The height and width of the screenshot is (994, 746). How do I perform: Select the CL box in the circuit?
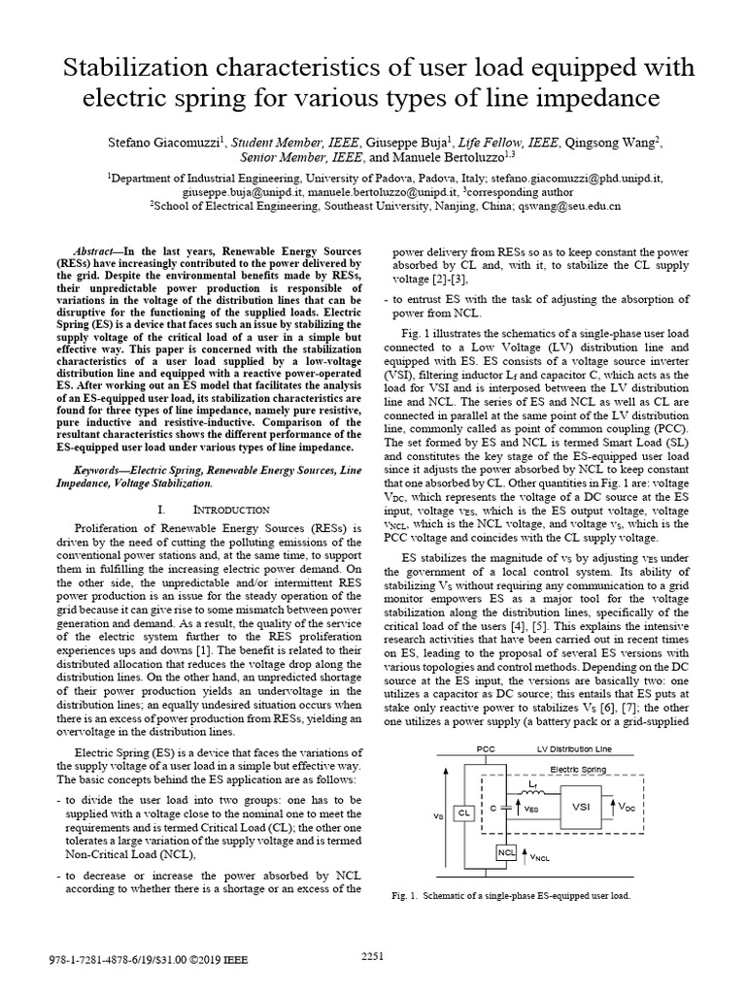point(464,812)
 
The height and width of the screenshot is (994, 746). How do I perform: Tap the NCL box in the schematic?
point(506,853)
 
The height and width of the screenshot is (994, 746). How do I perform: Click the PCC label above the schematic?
point(487,749)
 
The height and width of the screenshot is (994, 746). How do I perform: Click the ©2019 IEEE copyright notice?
point(215,959)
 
